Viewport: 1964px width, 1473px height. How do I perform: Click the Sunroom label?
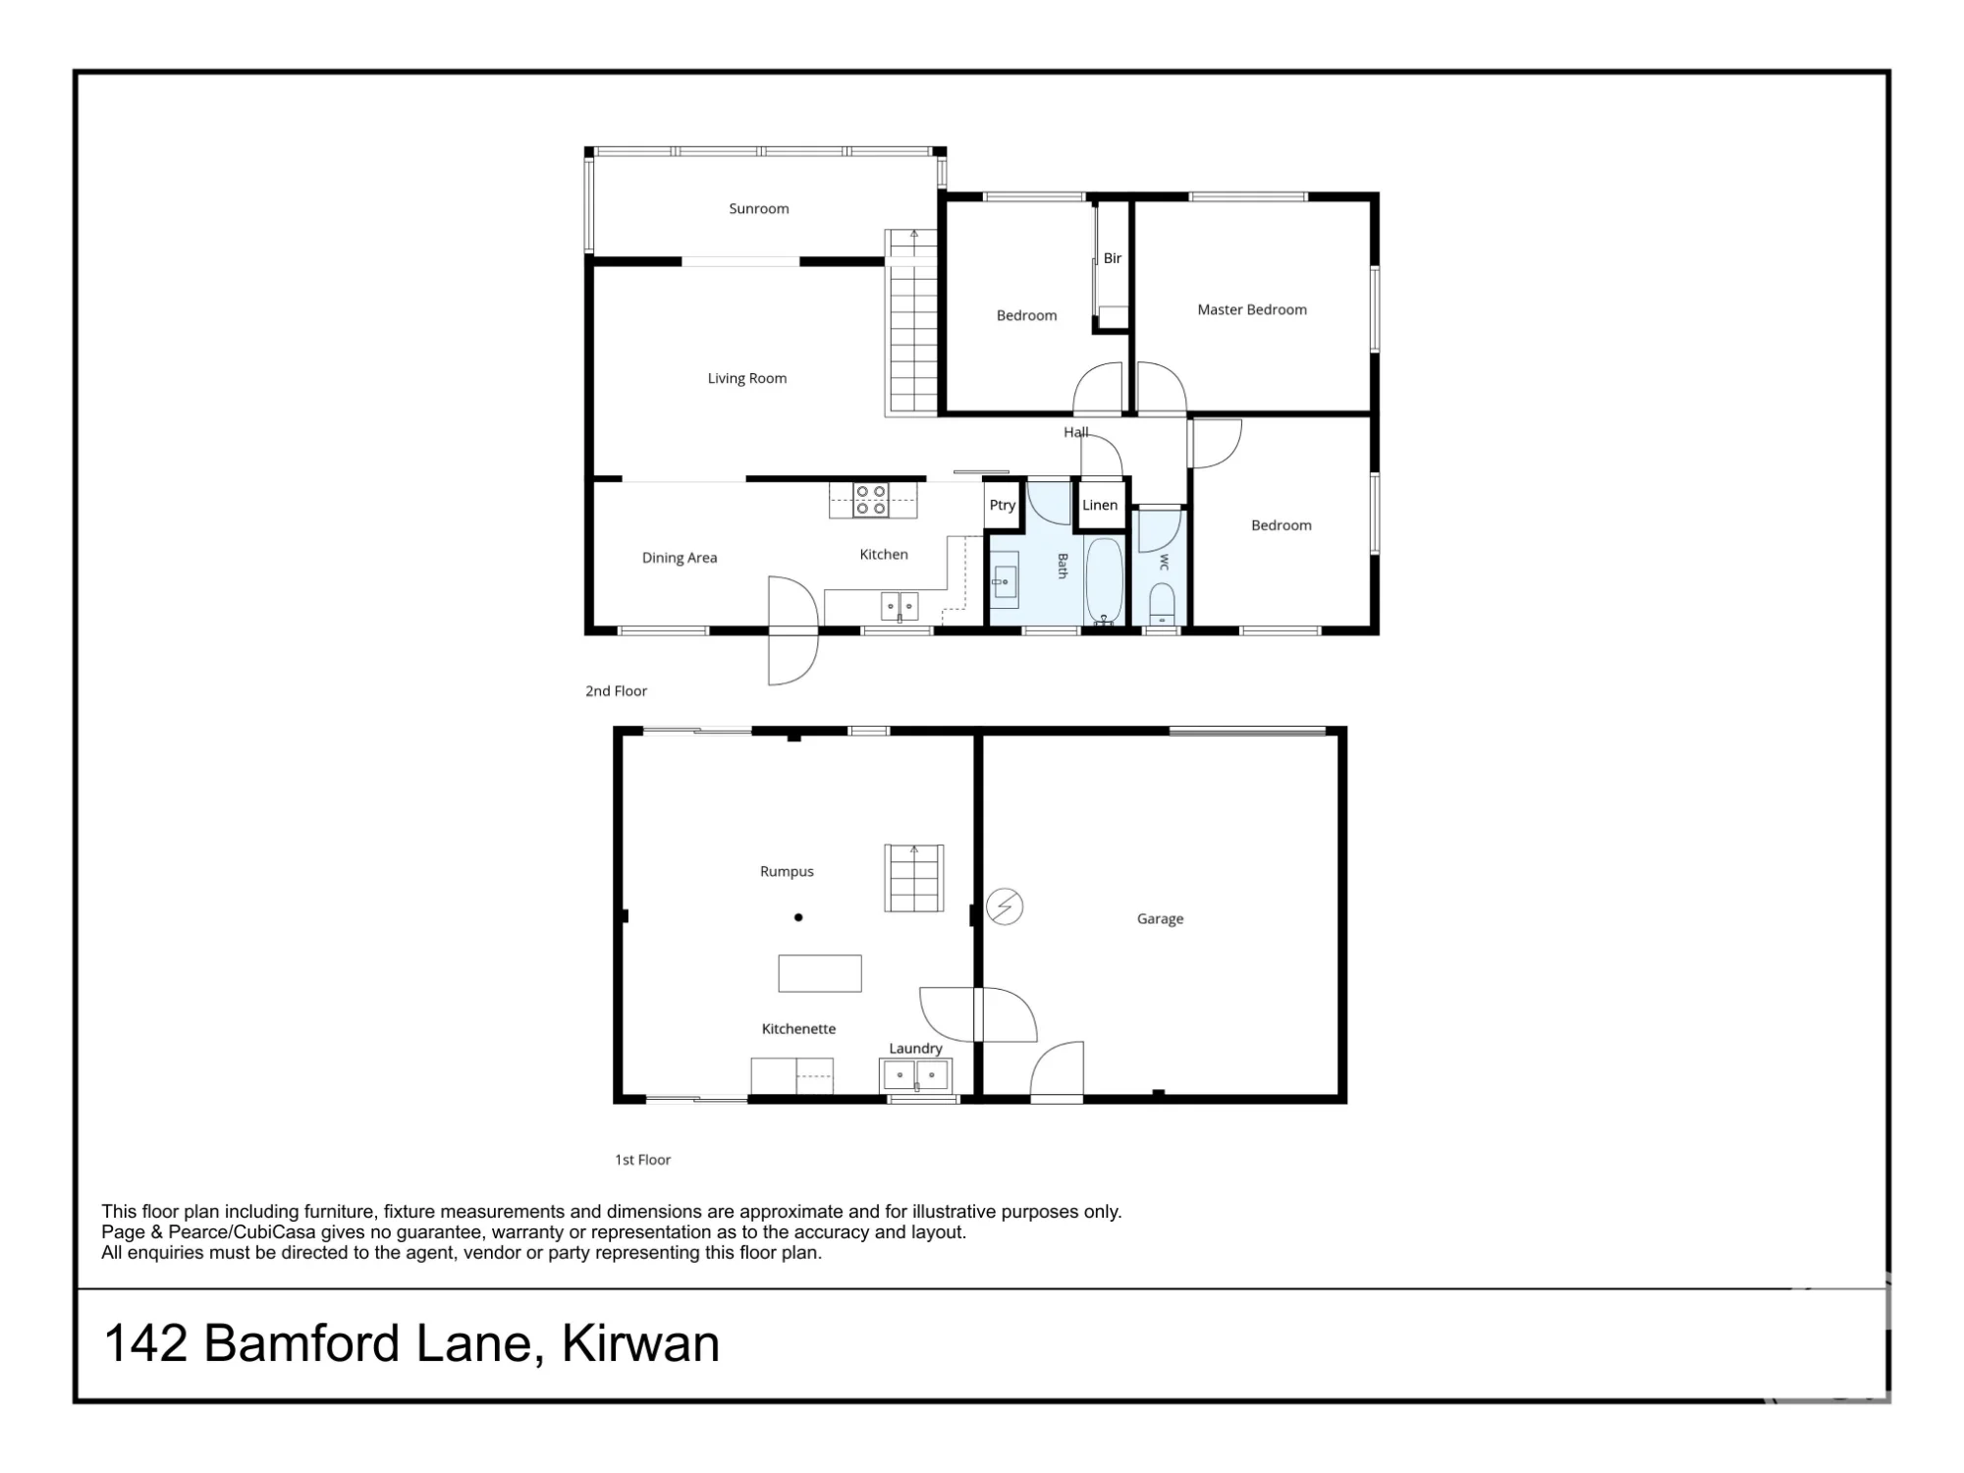(x=758, y=208)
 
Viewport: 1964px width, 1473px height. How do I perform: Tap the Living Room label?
(x=747, y=378)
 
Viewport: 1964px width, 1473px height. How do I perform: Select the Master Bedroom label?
(x=1252, y=309)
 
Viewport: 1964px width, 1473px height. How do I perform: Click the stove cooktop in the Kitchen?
(x=871, y=499)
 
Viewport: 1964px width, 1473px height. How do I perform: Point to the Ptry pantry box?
(x=1002, y=505)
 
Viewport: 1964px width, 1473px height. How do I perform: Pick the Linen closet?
(x=1100, y=505)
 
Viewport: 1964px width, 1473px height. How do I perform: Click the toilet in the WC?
(x=1161, y=603)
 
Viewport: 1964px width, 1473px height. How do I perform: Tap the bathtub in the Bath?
(x=1104, y=580)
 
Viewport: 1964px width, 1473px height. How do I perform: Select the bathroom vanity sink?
(x=1004, y=581)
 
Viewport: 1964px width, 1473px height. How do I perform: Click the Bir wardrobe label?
(x=1112, y=258)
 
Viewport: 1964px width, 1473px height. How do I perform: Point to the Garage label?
(x=1160, y=919)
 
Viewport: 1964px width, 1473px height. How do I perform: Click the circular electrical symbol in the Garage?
(x=1004, y=906)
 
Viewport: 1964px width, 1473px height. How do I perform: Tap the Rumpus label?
(x=787, y=871)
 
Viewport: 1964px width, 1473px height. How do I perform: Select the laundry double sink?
(x=916, y=1075)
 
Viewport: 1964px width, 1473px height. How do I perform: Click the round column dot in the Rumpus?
(x=798, y=917)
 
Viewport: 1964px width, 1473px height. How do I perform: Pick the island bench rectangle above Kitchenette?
(x=820, y=973)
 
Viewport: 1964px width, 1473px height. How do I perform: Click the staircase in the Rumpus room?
(x=914, y=877)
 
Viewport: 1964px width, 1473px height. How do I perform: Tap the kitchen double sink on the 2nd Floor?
(x=900, y=606)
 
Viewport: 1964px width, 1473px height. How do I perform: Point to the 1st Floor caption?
(x=643, y=1160)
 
